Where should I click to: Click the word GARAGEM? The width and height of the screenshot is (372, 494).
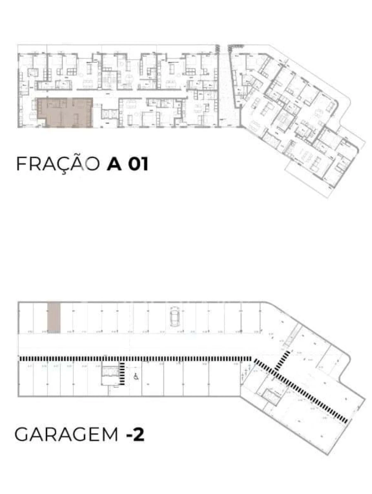click(67, 435)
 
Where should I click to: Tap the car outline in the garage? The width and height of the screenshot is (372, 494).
click(174, 317)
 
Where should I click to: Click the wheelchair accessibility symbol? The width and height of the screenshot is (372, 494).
click(136, 376)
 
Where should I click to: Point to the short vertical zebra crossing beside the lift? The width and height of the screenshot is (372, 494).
click(123, 373)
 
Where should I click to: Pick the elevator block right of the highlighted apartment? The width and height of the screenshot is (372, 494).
click(109, 113)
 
